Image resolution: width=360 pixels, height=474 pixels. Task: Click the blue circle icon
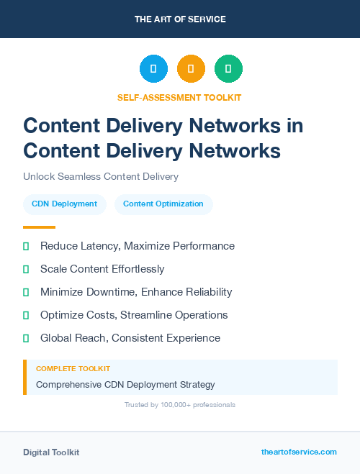coord(153,69)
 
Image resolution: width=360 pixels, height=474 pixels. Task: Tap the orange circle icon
coord(191,69)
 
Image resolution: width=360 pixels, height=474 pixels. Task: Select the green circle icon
coord(228,69)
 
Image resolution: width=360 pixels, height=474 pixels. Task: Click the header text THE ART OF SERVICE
coord(180,19)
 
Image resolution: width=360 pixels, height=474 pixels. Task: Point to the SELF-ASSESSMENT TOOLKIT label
coord(179,97)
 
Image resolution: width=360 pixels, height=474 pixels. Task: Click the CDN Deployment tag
coord(64,204)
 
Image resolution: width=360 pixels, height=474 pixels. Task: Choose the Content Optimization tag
coord(163,204)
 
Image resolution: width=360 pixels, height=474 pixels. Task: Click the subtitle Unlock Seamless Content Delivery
coord(100,176)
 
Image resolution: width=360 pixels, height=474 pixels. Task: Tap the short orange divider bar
coord(39,227)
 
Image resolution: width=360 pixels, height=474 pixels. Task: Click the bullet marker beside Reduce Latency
coord(26,246)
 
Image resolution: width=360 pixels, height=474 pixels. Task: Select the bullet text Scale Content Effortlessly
coord(102,269)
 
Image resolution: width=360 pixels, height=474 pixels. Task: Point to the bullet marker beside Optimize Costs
coord(26,315)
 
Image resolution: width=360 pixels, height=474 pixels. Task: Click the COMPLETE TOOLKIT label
coord(73,368)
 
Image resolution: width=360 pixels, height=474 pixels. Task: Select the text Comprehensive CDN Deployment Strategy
coord(125,384)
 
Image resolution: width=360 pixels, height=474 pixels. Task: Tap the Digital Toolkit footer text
coord(51,452)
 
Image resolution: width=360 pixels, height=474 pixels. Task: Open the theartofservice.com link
coord(299,452)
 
